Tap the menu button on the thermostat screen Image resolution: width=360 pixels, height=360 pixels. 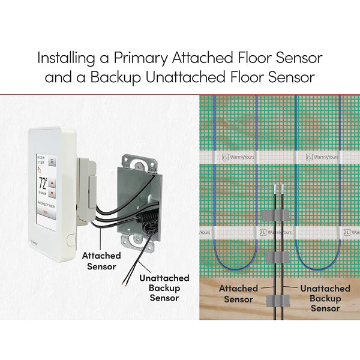pos(52,161)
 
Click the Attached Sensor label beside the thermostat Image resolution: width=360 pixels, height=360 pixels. pos(101,260)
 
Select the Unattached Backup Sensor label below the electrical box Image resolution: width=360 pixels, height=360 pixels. pos(164,287)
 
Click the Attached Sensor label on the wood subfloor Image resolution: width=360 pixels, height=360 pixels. pos(238,293)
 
